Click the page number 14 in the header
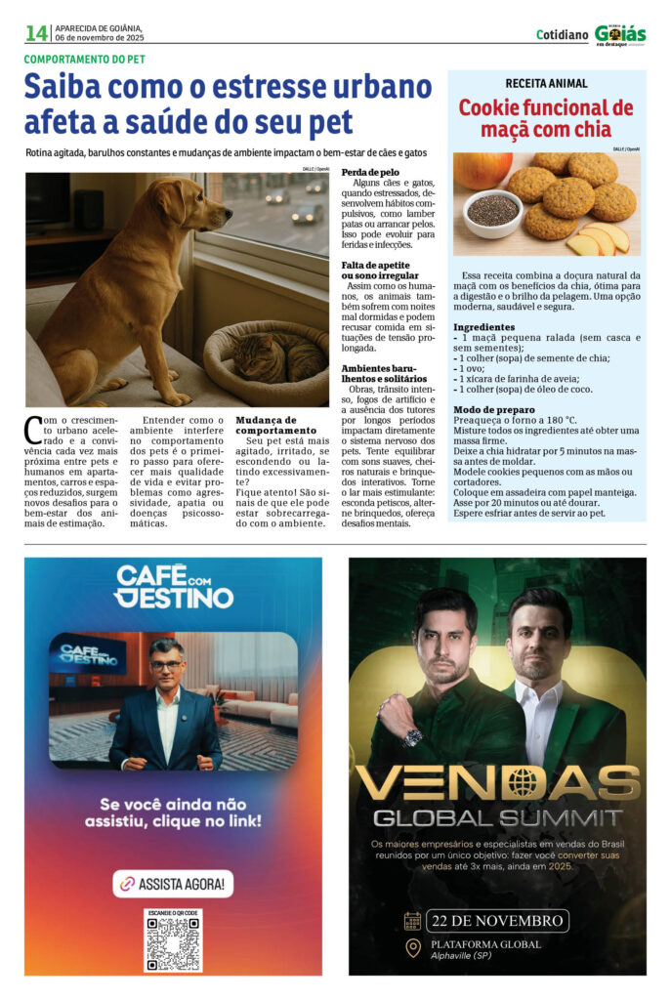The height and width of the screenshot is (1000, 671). [x=36, y=33]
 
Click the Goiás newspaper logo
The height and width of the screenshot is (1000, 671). [x=619, y=33]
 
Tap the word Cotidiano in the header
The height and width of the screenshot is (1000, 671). [x=560, y=34]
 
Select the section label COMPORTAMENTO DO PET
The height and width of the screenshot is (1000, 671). [x=85, y=59]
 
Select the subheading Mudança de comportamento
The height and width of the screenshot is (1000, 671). [x=276, y=425]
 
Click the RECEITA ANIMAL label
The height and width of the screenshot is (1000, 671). [x=546, y=83]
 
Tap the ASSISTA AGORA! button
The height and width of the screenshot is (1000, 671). [x=173, y=884]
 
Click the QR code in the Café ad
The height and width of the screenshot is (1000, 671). [x=173, y=941]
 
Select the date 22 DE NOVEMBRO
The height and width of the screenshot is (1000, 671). [x=496, y=921]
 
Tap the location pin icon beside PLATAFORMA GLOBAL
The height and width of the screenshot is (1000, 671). [x=413, y=947]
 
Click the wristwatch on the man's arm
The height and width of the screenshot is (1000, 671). [x=412, y=737]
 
